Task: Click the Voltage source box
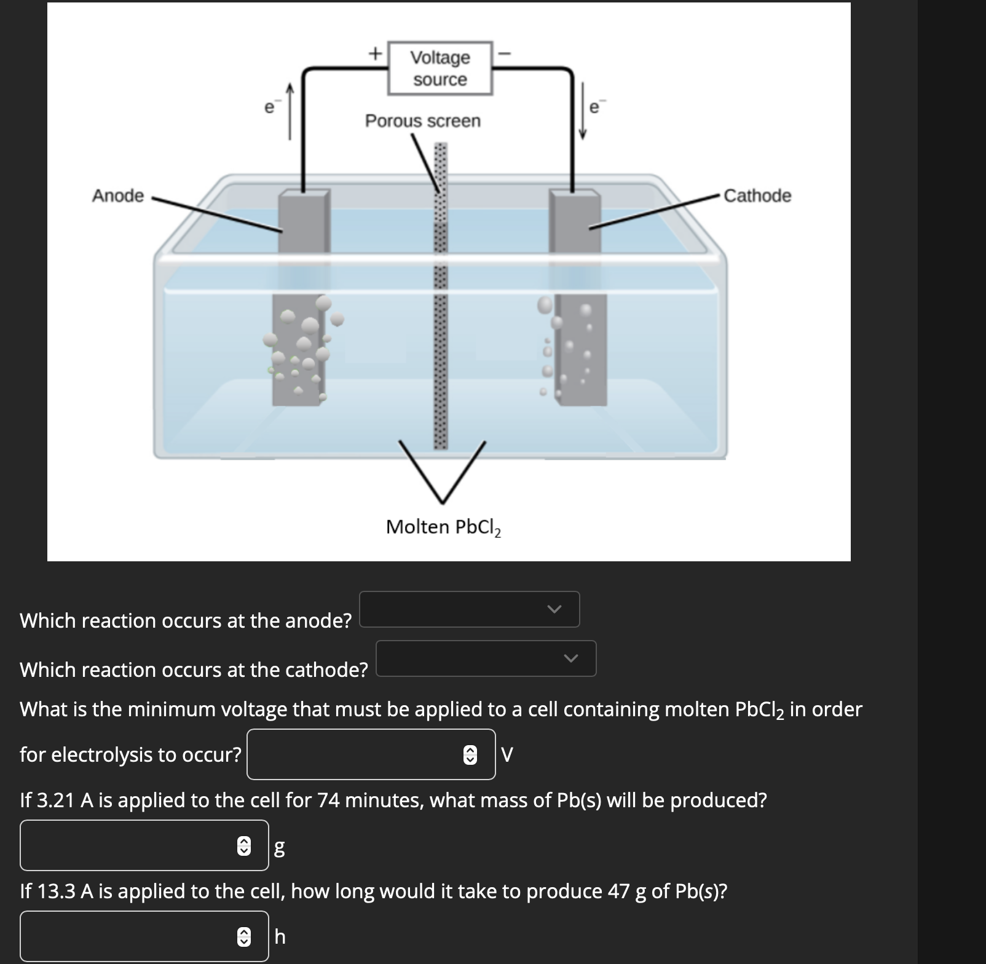click(x=440, y=68)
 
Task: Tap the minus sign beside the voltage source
click(x=505, y=54)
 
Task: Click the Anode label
click(x=118, y=196)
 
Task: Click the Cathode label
click(x=757, y=196)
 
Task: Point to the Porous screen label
click(x=423, y=121)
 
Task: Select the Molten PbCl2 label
click(x=443, y=527)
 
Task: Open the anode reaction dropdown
click(x=469, y=609)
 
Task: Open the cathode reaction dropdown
click(x=486, y=658)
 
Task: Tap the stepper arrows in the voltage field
click(x=470, y=754)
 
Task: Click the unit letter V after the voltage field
click(x=507, y=754)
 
